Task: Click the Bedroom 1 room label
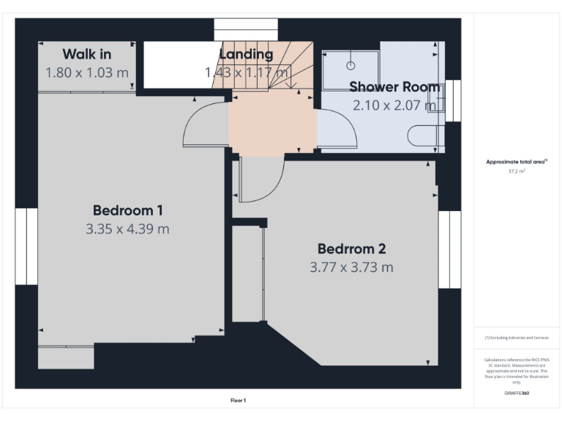pyautogui.click(x=127, y=210)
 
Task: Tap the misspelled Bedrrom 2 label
pyautogui.click(x=351, y=248)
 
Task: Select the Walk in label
pyautogui.click(x=86, y=54)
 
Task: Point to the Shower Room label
pyautogui.click(x=394, y=87)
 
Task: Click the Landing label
pyautogui.click(x=246, y=54)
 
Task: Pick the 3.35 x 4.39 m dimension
pyautogui.click(x=127, y=229)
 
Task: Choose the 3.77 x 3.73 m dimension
pyautogui.click(x=351, y=267)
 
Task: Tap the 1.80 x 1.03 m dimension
pyautogui.click(x=86, y=73)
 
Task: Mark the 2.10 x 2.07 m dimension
pyautogui.click(x=394, y=105)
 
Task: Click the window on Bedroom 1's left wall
pyautogui.click(x=26, y=246)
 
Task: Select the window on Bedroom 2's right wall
pyautogui.click(x=449, y=249)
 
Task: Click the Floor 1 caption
pyautogui.click(x=238, y=401)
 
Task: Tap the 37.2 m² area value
pyautogui.click(x=517, y=171)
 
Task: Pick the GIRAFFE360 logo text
pyautogui.click(x=517, y=393)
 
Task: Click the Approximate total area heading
pyautogui.click(x=517, y=161)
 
